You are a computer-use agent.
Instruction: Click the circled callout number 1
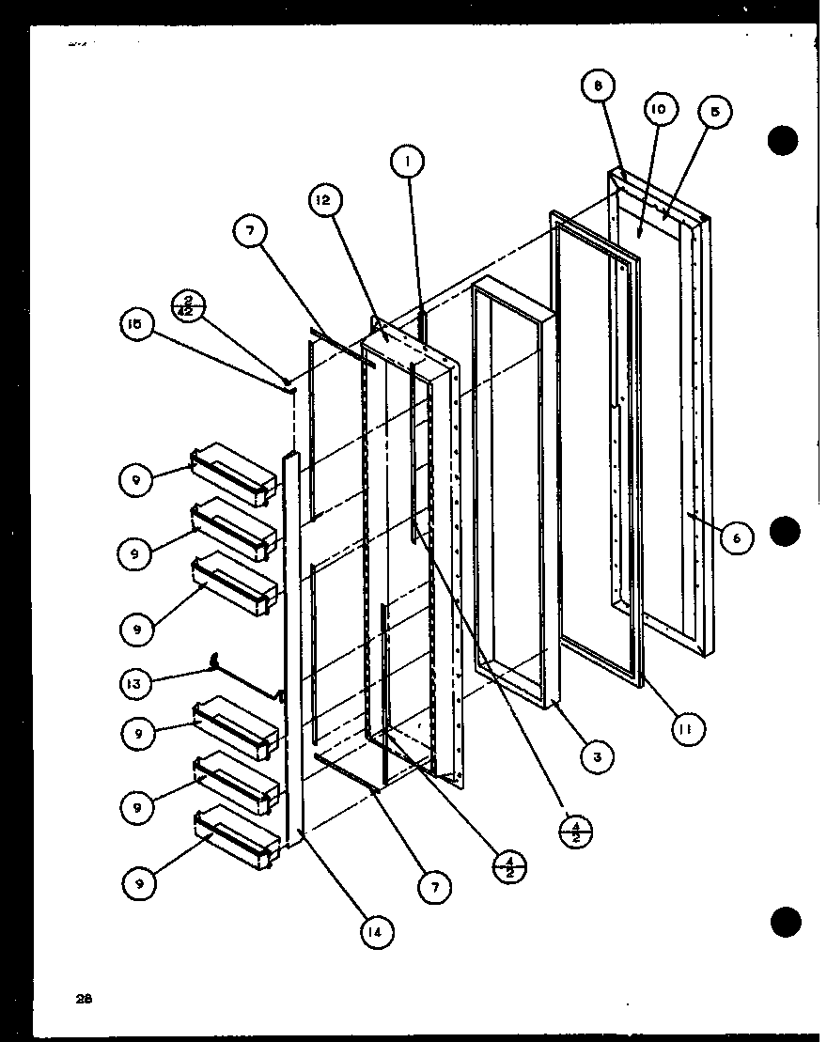[x=407, y=163]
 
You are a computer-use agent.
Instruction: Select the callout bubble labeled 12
[x=322, y=200]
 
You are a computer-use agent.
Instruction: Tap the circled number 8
[x=598, y=87]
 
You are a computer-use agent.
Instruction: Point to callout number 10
[x=660, y=110]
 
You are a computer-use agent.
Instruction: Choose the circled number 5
[x=715, y=112]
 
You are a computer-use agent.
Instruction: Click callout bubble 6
[x=738, y=538]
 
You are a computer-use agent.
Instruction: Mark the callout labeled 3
[x=597, y=755]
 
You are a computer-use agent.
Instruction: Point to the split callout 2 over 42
[x=191, y=306]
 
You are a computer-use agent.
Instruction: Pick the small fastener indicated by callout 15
[x=290, y=381]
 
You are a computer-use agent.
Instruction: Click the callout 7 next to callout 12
[x=251, y=232]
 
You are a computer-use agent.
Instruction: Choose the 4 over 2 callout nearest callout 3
[x=574, y=832]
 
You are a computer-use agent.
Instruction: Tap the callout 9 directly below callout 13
[x=137, y=734]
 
